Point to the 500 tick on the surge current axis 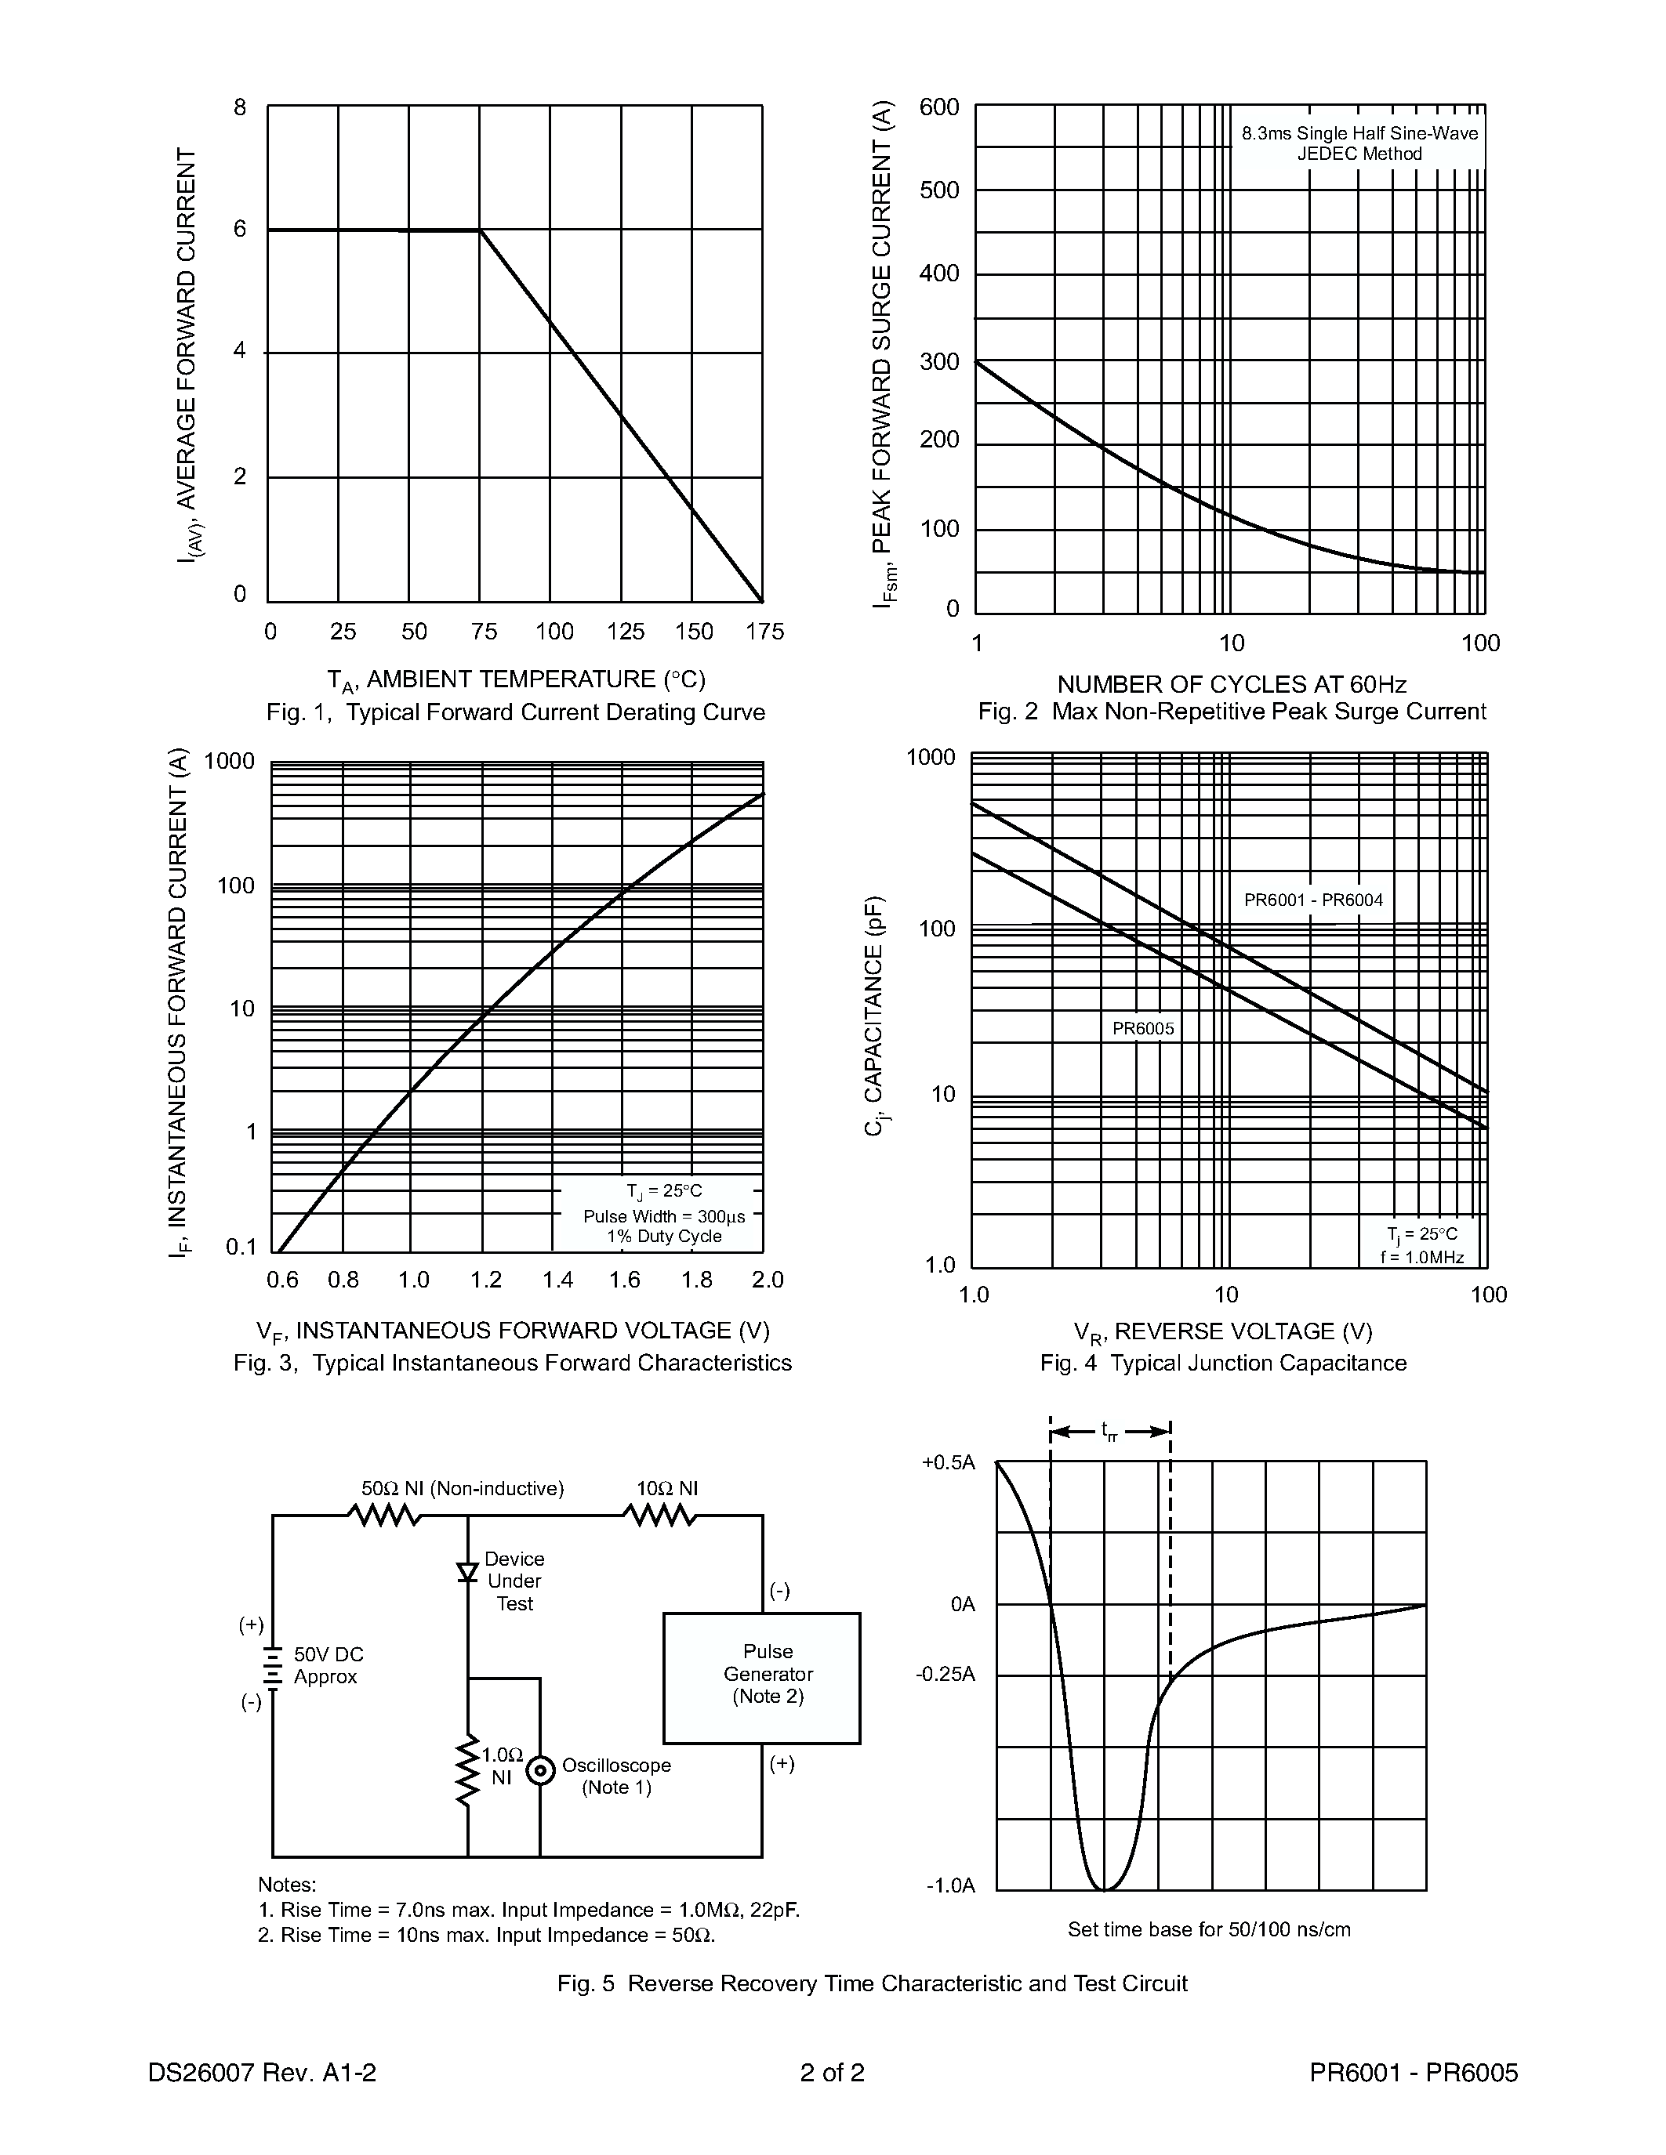[x=938, y=190]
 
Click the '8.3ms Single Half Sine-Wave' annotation [x=1359, y=133]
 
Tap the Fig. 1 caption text [x=515, y=712]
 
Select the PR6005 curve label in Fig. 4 [x=1143, y=1028]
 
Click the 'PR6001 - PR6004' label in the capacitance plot [x=1312, y=900]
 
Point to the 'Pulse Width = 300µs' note [x=663, y=1217]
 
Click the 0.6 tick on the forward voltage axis [x=282, y=1280]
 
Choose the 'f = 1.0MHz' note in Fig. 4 [x=1421, y=1257]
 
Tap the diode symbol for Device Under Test [x=468, y=1572]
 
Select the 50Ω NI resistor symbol [x=385, y=1515]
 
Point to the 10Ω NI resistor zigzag [x=659, y=1515]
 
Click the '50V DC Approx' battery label [x=328, y=1665]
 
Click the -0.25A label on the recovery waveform [x=945, y=1675]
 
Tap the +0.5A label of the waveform [x=948, y=1462]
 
